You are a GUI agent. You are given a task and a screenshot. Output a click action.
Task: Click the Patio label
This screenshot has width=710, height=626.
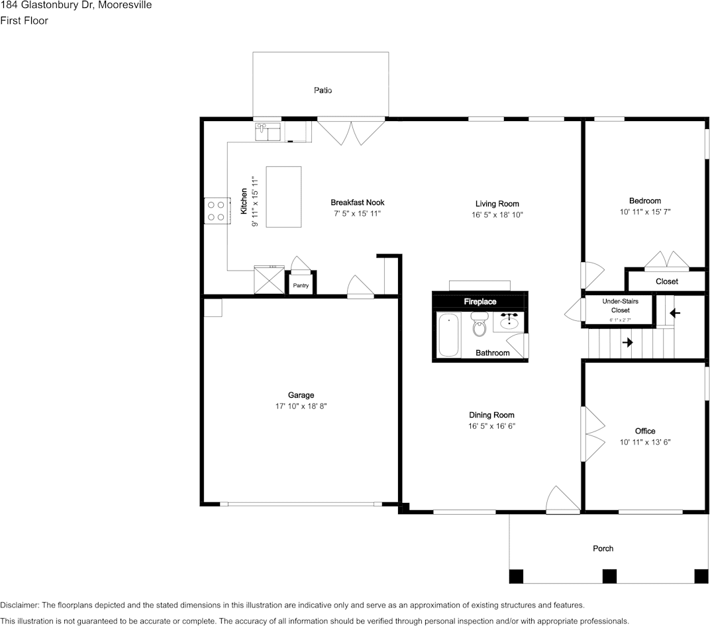(x=323, y=90)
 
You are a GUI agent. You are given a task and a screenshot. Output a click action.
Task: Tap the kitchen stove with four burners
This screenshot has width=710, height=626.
(x=216, y=210)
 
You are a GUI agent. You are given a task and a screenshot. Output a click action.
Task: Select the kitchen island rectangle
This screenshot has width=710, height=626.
(x=283, y=197)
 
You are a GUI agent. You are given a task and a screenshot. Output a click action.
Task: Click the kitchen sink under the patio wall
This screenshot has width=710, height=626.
(x=268, y=131)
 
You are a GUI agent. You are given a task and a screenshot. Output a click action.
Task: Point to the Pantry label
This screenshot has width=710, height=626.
(x=301, y=286)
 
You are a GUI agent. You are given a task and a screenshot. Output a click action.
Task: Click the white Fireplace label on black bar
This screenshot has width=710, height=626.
(x=480, y=302)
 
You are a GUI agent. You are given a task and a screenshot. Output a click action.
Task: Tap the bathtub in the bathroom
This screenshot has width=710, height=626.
(x=449, y=335)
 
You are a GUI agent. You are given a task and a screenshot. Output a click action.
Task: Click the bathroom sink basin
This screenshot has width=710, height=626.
(x=509, y=324)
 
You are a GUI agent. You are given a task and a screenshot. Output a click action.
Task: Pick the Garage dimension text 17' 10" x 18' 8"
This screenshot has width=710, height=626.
(x=301, y=406)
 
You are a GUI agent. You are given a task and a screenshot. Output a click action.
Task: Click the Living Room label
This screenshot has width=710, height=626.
(x=497, y=204)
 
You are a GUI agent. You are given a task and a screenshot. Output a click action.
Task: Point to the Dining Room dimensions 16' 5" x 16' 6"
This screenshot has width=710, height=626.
(x=491, y=427)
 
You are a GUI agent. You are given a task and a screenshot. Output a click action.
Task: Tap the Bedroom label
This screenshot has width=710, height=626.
(x=644, y=201)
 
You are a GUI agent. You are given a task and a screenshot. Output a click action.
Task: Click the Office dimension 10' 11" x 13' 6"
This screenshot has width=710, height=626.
(x=645, y=442)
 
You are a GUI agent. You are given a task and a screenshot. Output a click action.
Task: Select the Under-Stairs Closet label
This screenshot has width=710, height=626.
(x=620, y=306)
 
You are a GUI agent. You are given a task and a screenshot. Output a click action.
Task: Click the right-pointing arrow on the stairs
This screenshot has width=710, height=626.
(x=627, y=342)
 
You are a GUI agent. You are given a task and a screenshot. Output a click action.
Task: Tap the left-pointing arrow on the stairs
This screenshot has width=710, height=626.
(x=675, y=312)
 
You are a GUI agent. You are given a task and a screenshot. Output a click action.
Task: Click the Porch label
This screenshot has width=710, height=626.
(x=603, y=548)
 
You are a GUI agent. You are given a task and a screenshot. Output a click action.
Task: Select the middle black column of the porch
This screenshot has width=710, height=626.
(x=609, y=576)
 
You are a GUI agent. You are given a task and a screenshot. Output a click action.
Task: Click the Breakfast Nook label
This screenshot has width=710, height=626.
(x=357, y=202)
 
